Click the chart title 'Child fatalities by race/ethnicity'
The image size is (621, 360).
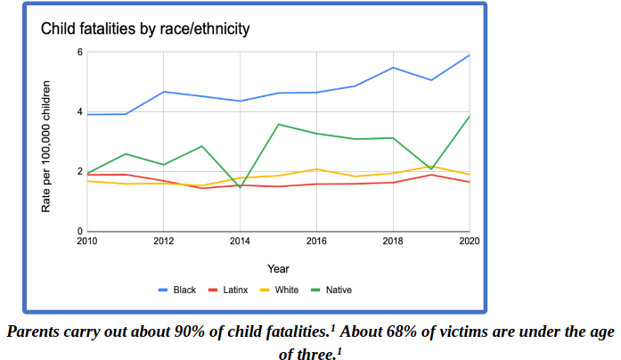pyautogui.click(x=145, y=29)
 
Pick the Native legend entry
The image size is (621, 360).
pyautogui.click(x=339, y=290)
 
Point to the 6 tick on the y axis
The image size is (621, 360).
pyautogui.click(x=79, y=53)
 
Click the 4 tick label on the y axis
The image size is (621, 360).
pyautogui.click(x=79, y=112)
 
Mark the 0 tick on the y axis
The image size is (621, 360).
pyautogui.click(x=79, y=232)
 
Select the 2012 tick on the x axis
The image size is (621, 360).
pyautogui.click(x=163, y=241)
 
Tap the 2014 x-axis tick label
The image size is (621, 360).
pyautogui.click(x=240, y=241)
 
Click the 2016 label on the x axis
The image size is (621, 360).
pyautogui.click(x=316, y=241)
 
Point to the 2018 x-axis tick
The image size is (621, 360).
pyautogui.click(x=393, y=241)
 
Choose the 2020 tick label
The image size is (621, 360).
pyautogui.click(x=469, y=241)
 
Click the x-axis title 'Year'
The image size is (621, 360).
pyautogui.click(x=278, y=268)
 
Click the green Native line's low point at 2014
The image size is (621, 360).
pyautogui.click(x=240, y=187)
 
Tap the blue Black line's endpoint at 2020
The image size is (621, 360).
pyautogui.click(x=469, y=55)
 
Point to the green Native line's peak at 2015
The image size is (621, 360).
pyautogui.click(x=278, y=124)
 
